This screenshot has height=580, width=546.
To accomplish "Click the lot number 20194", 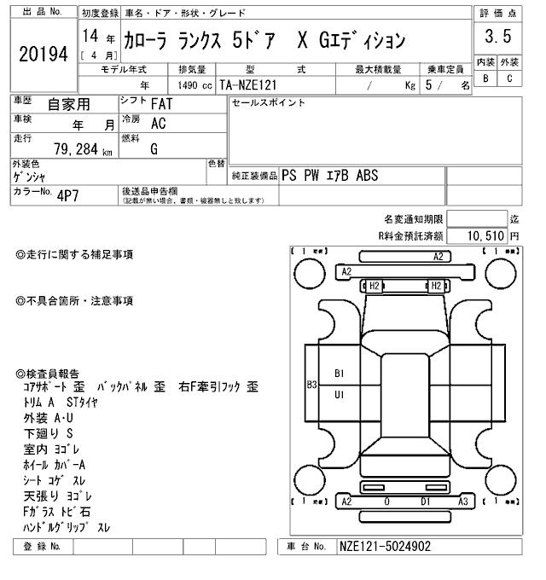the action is (x=43, y=55).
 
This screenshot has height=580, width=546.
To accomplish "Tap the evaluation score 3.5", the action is (x=497, y=37).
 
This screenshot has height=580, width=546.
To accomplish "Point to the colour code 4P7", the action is (x=67, y=194).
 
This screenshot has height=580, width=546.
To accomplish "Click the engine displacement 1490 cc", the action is (x=195, y=85).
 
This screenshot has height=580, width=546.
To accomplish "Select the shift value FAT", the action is (x=160, y=103).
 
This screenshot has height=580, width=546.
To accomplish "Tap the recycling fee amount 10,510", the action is (x=484, y=235).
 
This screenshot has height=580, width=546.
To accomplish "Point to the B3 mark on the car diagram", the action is (x=311, y=384).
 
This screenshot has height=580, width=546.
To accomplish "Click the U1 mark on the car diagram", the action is (x=339, y=395).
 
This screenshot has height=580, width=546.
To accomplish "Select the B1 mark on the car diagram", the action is (x=339, y=374).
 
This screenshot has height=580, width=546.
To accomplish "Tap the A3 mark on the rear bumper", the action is (x=462, y=502).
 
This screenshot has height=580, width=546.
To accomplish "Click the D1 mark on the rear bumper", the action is (x=425, y=502).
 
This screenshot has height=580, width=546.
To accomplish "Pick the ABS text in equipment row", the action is (x=367, y=175).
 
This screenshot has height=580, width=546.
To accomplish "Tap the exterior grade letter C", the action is (x=509, y=78).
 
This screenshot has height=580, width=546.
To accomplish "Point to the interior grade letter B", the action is (x=485, y=78).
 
